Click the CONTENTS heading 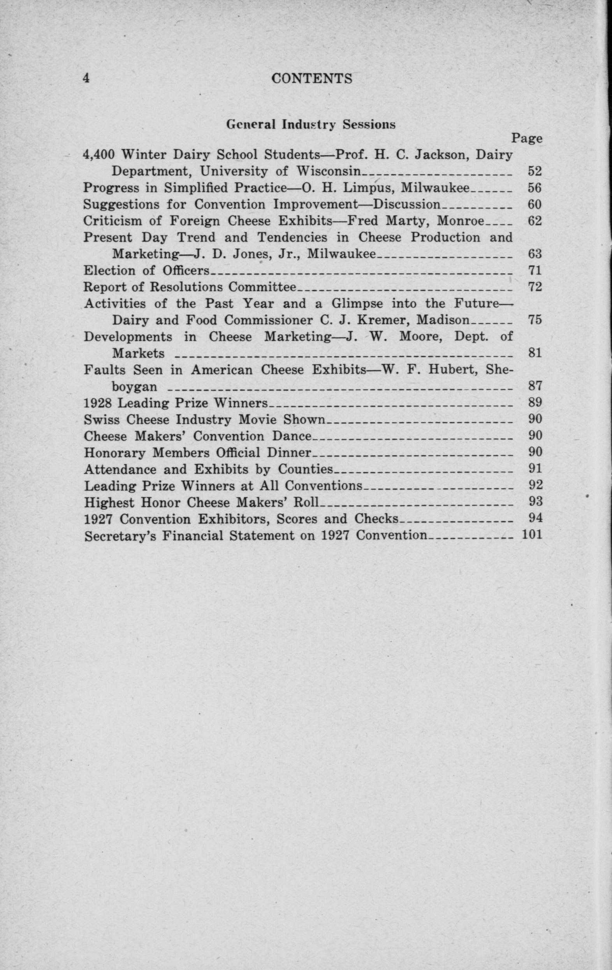[x=311, y=78]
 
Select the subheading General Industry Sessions [x=310, y=125]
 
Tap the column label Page [x=527, y=139]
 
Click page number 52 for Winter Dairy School [x=535, y=172]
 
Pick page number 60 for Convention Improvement [x=535, y=205]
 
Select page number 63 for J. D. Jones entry [x=535, y=254]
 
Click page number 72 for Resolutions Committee [x=535, y=287]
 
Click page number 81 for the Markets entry [x=535, y=353]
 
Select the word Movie [x=255, y=420]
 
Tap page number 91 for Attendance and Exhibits [x=535, y=469]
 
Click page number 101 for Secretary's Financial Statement [x=531, y=535]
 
